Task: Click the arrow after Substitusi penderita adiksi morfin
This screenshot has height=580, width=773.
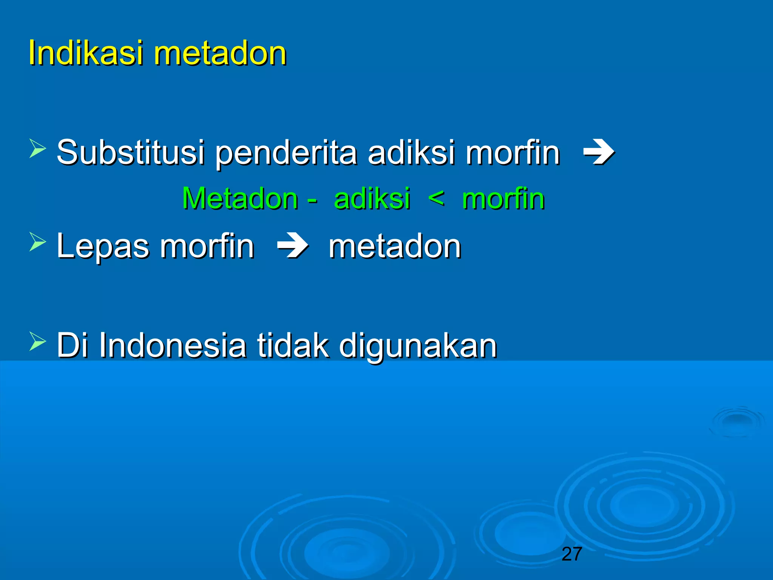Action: (x=599, y=153)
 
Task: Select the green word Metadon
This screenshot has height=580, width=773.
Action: (x=240, y=199)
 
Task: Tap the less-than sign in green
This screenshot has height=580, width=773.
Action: (x=436, y=198)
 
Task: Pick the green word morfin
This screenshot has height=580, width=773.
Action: (x=504, y=199)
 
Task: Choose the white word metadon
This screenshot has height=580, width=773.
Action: (x=395, y=247)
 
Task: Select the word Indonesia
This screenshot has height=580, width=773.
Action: (x=173, y=345)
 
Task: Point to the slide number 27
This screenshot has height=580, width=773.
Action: (x=571, y=554)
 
